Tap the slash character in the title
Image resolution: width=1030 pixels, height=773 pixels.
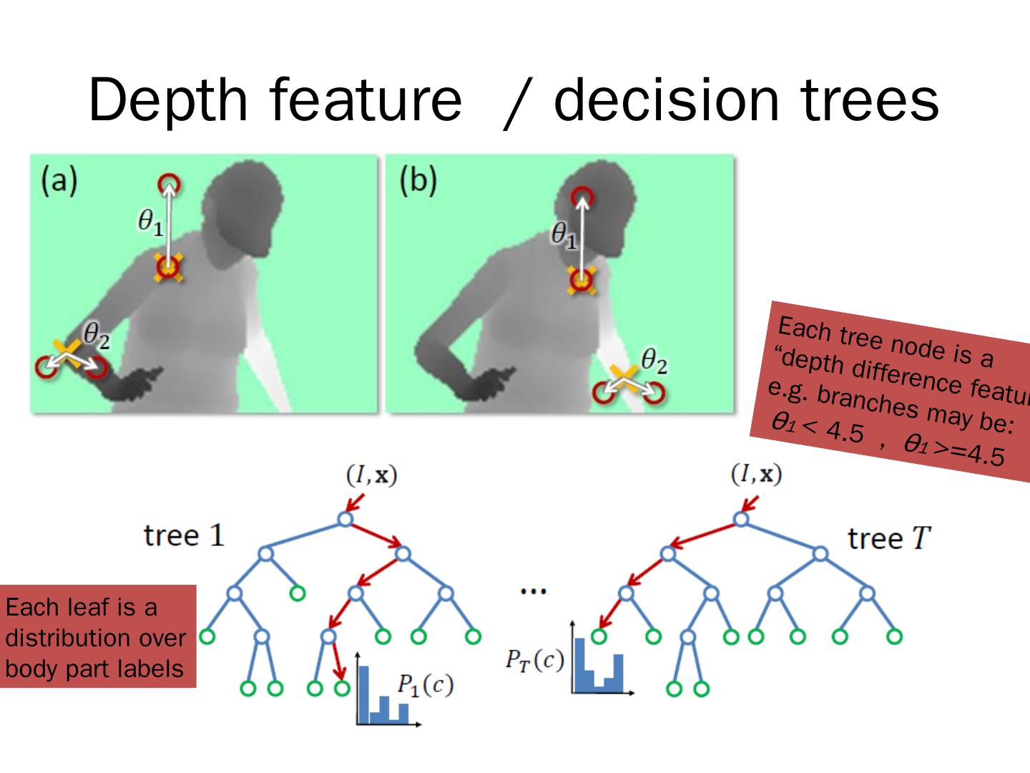[517, 104]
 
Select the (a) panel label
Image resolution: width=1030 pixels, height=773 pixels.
[59, 180]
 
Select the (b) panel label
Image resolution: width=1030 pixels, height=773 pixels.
[417, 180]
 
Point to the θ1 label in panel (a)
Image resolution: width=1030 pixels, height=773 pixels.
[150, 223]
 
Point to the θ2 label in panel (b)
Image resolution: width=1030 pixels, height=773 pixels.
[654, 361]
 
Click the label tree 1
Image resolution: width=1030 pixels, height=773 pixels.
[184, 535]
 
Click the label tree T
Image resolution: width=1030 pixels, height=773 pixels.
[889, 538]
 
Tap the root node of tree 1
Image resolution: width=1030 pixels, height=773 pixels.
[345, 519]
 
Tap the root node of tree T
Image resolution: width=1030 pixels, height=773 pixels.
[742, 519]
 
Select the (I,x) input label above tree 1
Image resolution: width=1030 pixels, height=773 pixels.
[371, 475]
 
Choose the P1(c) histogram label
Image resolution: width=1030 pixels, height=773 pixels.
[425, 685]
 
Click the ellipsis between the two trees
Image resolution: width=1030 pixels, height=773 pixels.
[534, 591]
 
